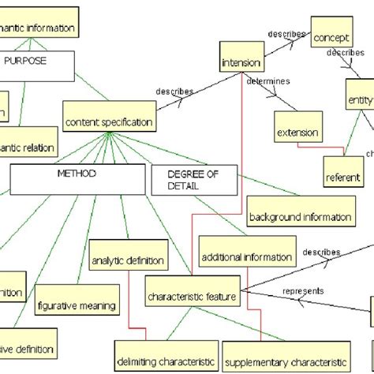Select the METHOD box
tap(77, 178)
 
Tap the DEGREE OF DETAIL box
tap(193, 180)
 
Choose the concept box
tap(331, 37)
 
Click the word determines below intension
tap(268, 82)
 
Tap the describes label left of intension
tap(174, 92)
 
